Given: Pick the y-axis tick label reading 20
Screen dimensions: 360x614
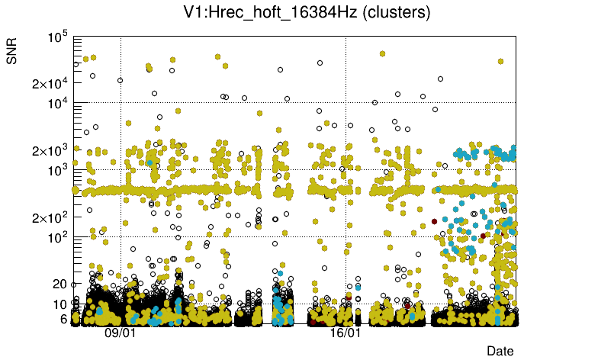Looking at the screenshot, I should [60, 284].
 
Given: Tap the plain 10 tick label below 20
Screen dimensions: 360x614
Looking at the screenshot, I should [60, 304].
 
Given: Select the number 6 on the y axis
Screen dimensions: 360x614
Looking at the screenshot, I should [64, 319].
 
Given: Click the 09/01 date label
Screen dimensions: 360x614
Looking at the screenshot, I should [121, 333].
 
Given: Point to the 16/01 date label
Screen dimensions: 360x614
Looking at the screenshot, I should [346, 333].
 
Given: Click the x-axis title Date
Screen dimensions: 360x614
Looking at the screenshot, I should [500, 350].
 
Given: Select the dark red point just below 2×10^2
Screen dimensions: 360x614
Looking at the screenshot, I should [434, 221].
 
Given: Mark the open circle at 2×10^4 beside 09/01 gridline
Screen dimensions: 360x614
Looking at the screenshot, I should [120, 80].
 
